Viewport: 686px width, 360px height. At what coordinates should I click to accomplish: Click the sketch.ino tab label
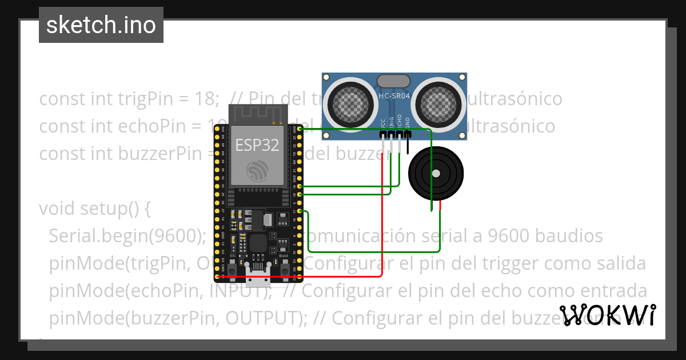point(101,25)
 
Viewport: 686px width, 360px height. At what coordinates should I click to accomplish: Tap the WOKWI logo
point(608,315)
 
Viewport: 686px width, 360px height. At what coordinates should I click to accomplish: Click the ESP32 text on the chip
point(257,145)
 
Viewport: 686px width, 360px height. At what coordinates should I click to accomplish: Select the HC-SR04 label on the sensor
point(394,96)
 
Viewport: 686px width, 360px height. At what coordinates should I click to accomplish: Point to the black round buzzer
point(436,173)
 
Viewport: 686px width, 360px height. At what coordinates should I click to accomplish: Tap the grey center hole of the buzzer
point(436,173)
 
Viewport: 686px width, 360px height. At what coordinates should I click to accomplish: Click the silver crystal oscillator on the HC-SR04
point(394,81)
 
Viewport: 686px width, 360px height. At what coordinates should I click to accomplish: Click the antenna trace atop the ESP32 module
point(257,114)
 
